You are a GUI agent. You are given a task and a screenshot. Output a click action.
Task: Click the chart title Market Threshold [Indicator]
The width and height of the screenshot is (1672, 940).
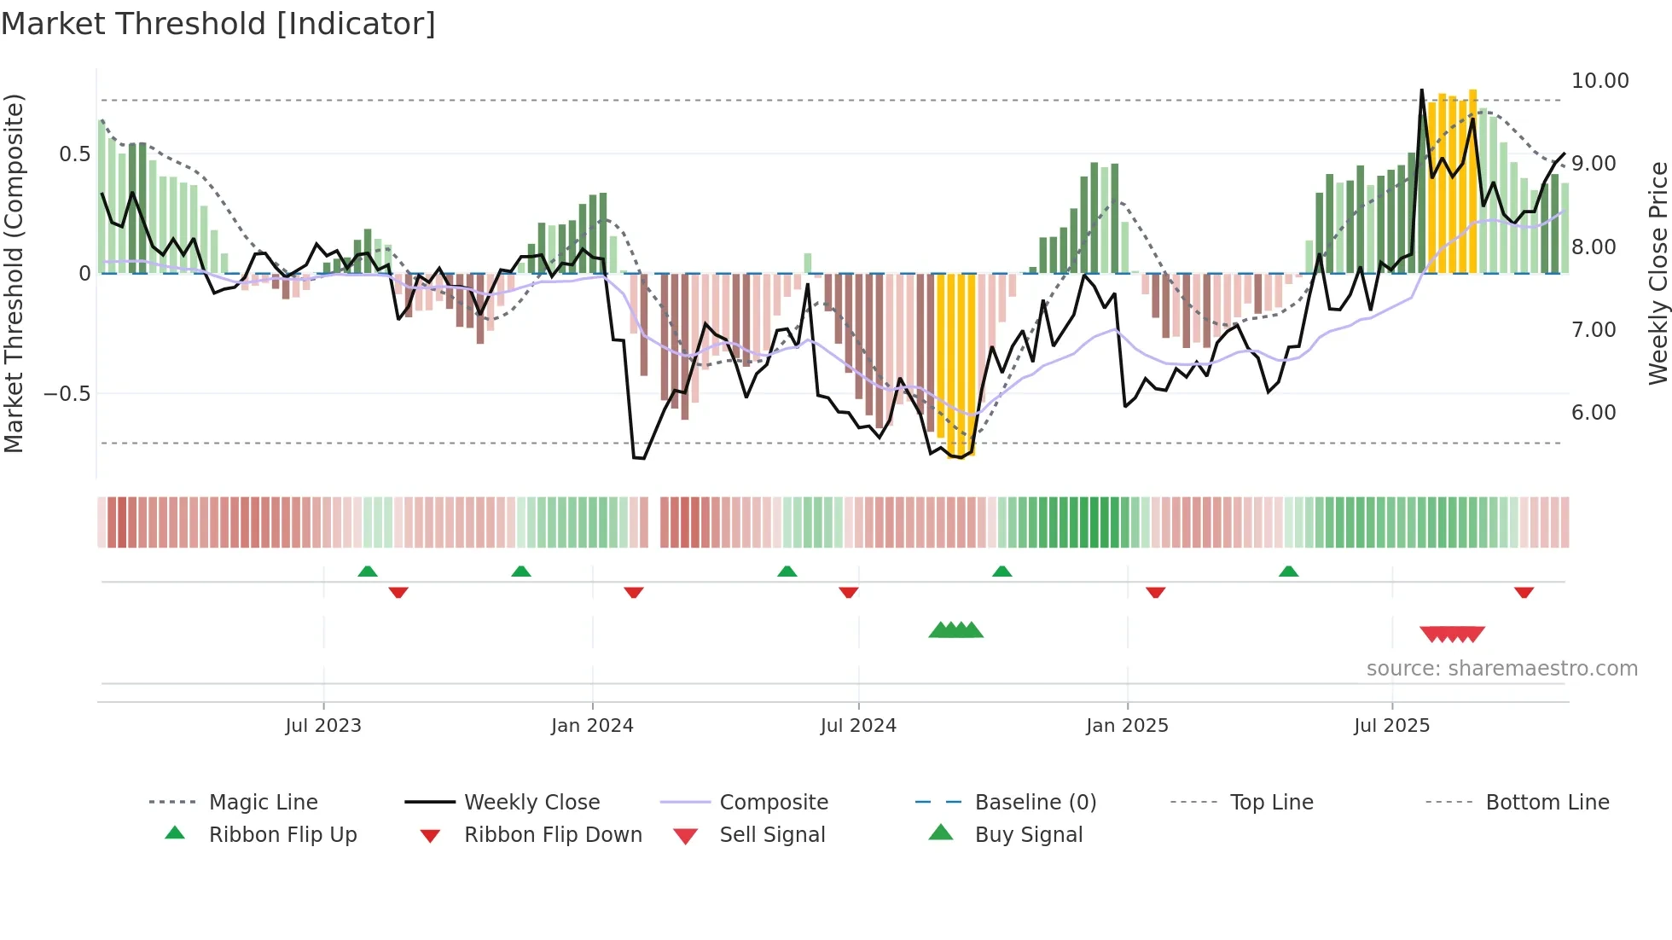(218, 24)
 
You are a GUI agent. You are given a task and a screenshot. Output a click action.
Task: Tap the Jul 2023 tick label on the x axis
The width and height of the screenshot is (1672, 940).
(323, 726)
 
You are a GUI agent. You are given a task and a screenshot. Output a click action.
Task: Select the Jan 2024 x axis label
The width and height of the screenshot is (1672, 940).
(592, 726)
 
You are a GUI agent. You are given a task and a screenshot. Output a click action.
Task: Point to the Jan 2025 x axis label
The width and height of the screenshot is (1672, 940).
(1127, 726)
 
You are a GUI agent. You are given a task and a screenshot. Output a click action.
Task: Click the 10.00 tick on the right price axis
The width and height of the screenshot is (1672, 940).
(1599, 81)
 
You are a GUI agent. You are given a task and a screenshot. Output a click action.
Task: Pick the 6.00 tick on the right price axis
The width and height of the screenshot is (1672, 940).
(1594, 413)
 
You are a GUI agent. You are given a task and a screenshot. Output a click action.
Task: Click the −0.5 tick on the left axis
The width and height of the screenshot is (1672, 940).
(67, 394)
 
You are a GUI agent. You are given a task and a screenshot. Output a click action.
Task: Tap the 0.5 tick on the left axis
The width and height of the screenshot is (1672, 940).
(74, 154)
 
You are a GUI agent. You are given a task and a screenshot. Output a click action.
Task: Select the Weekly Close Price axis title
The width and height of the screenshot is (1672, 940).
(1657, 273)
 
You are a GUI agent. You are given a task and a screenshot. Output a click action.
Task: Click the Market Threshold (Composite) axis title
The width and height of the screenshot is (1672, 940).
(14, 273)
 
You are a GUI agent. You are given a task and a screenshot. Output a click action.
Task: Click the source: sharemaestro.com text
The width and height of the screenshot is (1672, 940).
(1501, 669)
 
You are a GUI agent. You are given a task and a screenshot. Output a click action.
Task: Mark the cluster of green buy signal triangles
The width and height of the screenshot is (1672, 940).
(955, 630)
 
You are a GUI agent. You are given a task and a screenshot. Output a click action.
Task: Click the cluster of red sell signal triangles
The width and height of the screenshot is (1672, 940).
(1452, 634)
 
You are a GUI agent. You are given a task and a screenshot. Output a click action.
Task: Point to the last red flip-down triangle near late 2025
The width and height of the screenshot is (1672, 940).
(1524, 592)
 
